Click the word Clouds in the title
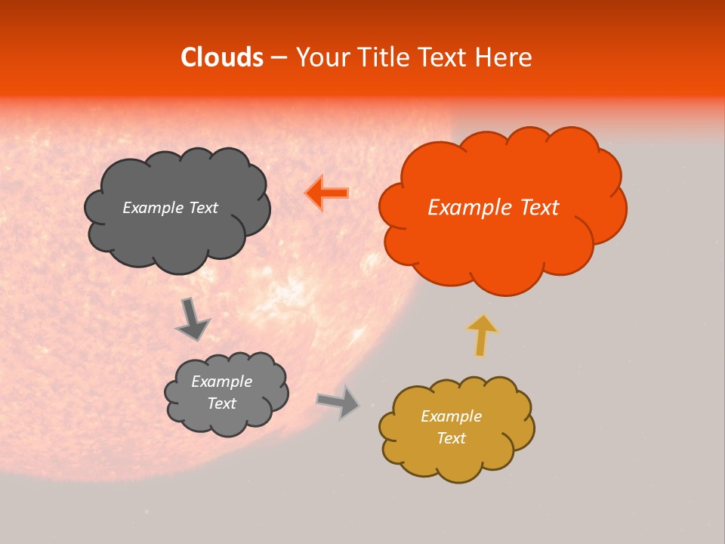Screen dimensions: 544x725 pyautogui.click(x=221, y=57)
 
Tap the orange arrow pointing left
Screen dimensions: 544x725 pyautogui.click(x=327, y=193)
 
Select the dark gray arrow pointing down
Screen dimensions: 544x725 pyautogui.click(x=192, y=318)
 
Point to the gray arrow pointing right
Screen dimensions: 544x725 pyautogui.click(x=338, y=401)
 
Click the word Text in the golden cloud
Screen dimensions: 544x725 pyautogui.click(x=451, y=438)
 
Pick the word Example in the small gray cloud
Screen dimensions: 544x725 pyautogui.click(x=221, y=382)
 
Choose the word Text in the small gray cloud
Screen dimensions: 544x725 pyautogui.click(x=221, y=403)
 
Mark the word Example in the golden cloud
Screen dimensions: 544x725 pyautogui.click(x=451, y=416)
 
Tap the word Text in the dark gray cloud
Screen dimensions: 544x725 pyautogui.click(x=202, y=208)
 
